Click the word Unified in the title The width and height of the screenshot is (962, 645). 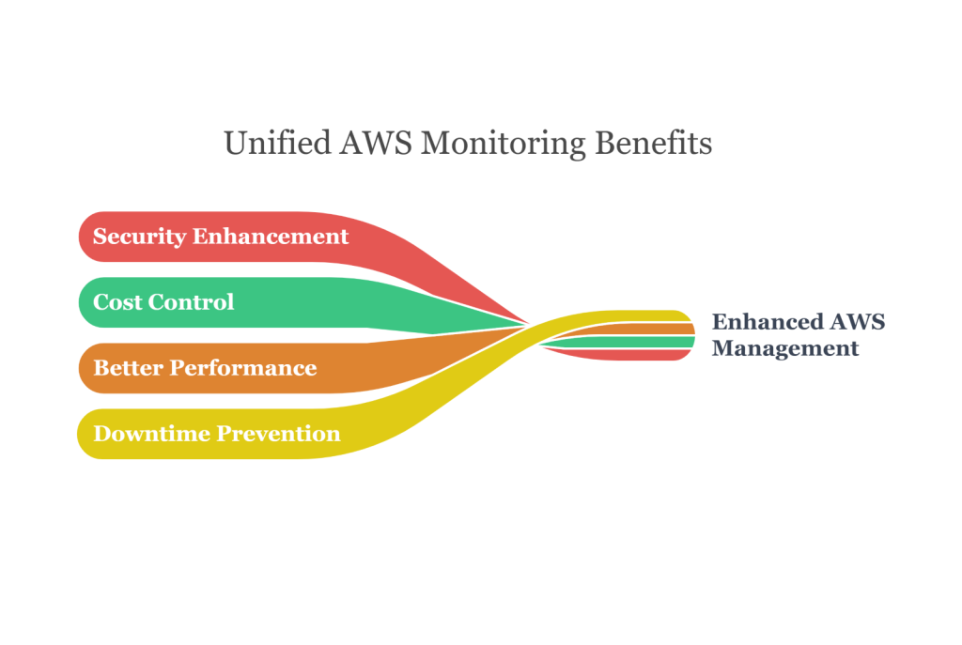click(x=277, y=144)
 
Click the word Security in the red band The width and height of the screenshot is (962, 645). click(x=138, y=237)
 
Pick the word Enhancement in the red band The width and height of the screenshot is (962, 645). click(x=271, y=236)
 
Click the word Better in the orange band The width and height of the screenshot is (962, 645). click(x=127, y=367)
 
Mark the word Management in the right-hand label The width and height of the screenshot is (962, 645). click(x=784, y=348)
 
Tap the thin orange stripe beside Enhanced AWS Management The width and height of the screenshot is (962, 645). click(x=658, y=330)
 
